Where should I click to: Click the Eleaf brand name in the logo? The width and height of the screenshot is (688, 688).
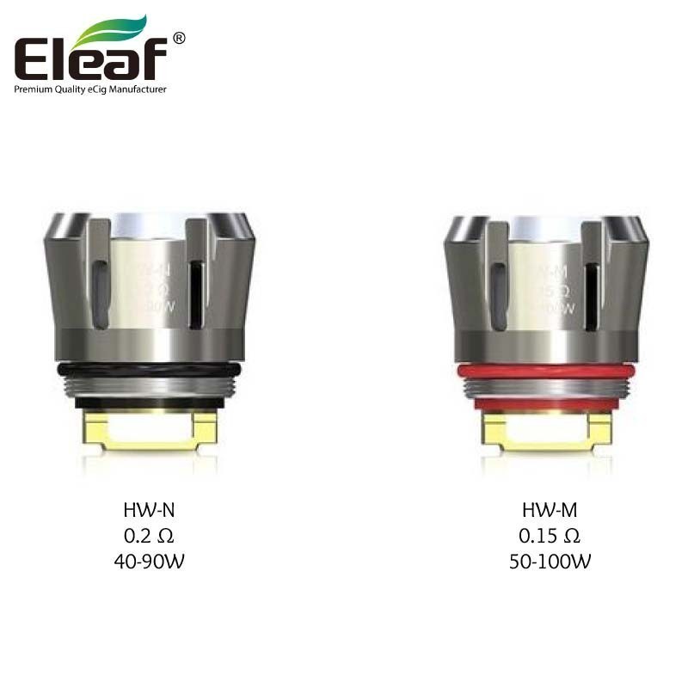click(x=90, y=60)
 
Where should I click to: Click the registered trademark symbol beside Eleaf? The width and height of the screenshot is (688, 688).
click(x=178, y=38)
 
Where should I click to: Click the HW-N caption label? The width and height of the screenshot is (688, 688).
click(x=149, y=511)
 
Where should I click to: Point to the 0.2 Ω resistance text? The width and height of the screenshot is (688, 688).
click(x=149, y=537)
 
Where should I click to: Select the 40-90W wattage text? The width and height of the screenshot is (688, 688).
click(x=149, y=562)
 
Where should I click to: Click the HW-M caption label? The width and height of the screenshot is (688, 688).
click(x=549, y=511)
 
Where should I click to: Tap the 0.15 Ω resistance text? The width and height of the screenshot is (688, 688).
click(x=549, y=537)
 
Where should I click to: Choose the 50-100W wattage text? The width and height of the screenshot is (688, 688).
click(x=549, y=562)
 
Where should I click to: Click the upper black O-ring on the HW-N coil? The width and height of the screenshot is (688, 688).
click(x=149, y=370)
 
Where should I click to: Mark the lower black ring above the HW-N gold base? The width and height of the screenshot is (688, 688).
click(x=149, y=402)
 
